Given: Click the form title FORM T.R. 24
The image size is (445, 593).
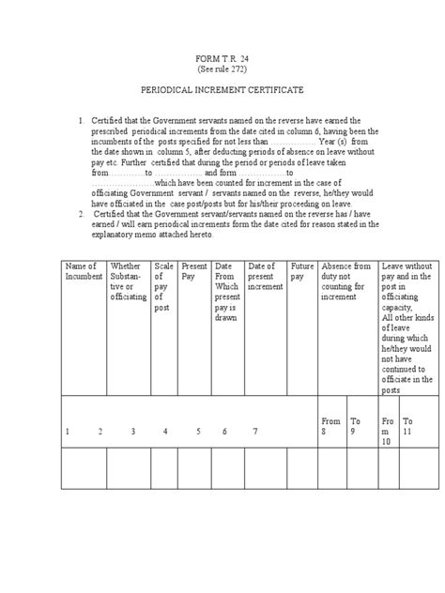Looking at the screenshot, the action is tap(222, 58).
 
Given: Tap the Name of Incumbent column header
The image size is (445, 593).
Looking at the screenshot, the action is tap(83, 272).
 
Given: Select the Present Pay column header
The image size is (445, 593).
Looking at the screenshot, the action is tap(195, 272).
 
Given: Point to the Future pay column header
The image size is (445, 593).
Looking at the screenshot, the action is tap(302, 272).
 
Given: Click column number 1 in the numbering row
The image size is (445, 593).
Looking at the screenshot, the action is tap(68, 432).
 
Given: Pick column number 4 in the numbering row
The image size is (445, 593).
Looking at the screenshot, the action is tap(164, 432).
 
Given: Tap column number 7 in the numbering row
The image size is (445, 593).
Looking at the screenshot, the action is tap(254, 432).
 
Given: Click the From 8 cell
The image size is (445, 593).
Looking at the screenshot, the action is tap(330, 427).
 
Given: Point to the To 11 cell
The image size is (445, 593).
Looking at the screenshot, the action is tap(408, 427).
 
